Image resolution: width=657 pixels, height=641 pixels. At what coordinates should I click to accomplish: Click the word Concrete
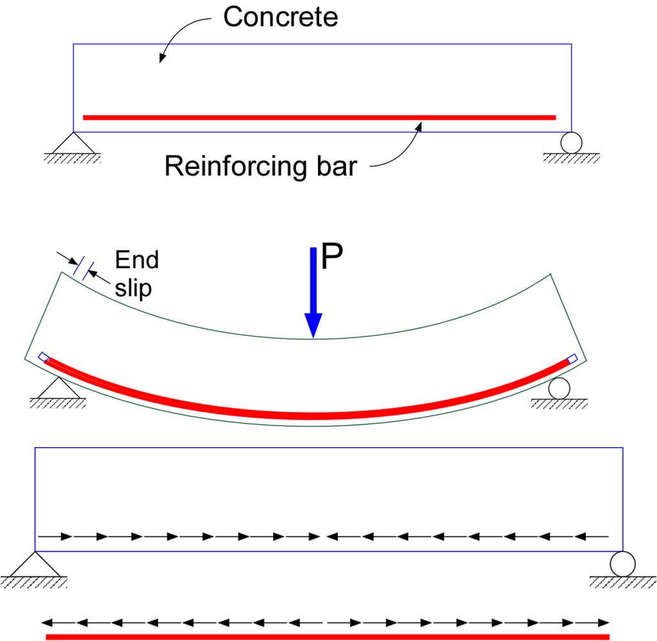coord(280,17)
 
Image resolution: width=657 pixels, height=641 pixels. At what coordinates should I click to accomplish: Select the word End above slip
coord(136,260)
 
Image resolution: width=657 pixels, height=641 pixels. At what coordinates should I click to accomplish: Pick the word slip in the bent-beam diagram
coord(133,288)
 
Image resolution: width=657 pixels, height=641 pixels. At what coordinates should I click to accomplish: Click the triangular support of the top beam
coord(73,143)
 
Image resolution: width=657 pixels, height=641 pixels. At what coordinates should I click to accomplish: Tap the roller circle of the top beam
coord(571,141)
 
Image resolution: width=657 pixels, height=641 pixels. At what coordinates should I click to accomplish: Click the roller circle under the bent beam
coord(558,388)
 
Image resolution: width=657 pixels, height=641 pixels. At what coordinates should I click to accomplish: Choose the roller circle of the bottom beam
coord(622,564)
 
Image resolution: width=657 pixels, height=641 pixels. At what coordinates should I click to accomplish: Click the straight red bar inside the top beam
coord(320,117)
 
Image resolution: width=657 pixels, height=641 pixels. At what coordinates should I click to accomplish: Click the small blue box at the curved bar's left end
coord(44,357)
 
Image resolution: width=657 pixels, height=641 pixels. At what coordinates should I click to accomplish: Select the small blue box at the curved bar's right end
coord(573,358)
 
